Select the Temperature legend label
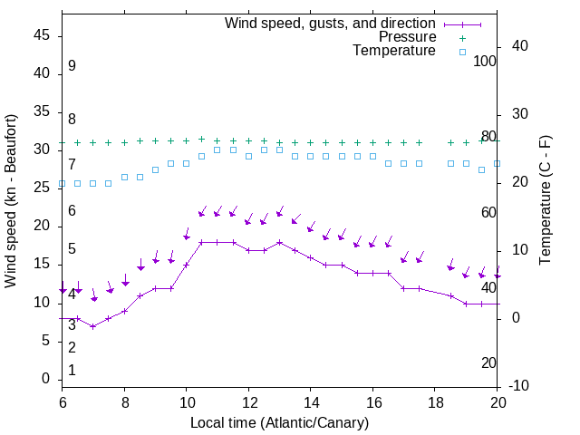393,51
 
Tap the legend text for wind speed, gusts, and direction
331,23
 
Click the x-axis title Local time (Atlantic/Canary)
279,422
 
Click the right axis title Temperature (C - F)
545,201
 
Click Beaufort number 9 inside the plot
72,66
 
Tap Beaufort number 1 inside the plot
72,370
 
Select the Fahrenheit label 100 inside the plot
485,61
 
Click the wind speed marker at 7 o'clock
93,326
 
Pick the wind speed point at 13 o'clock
279,242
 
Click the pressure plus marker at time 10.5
201,140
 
